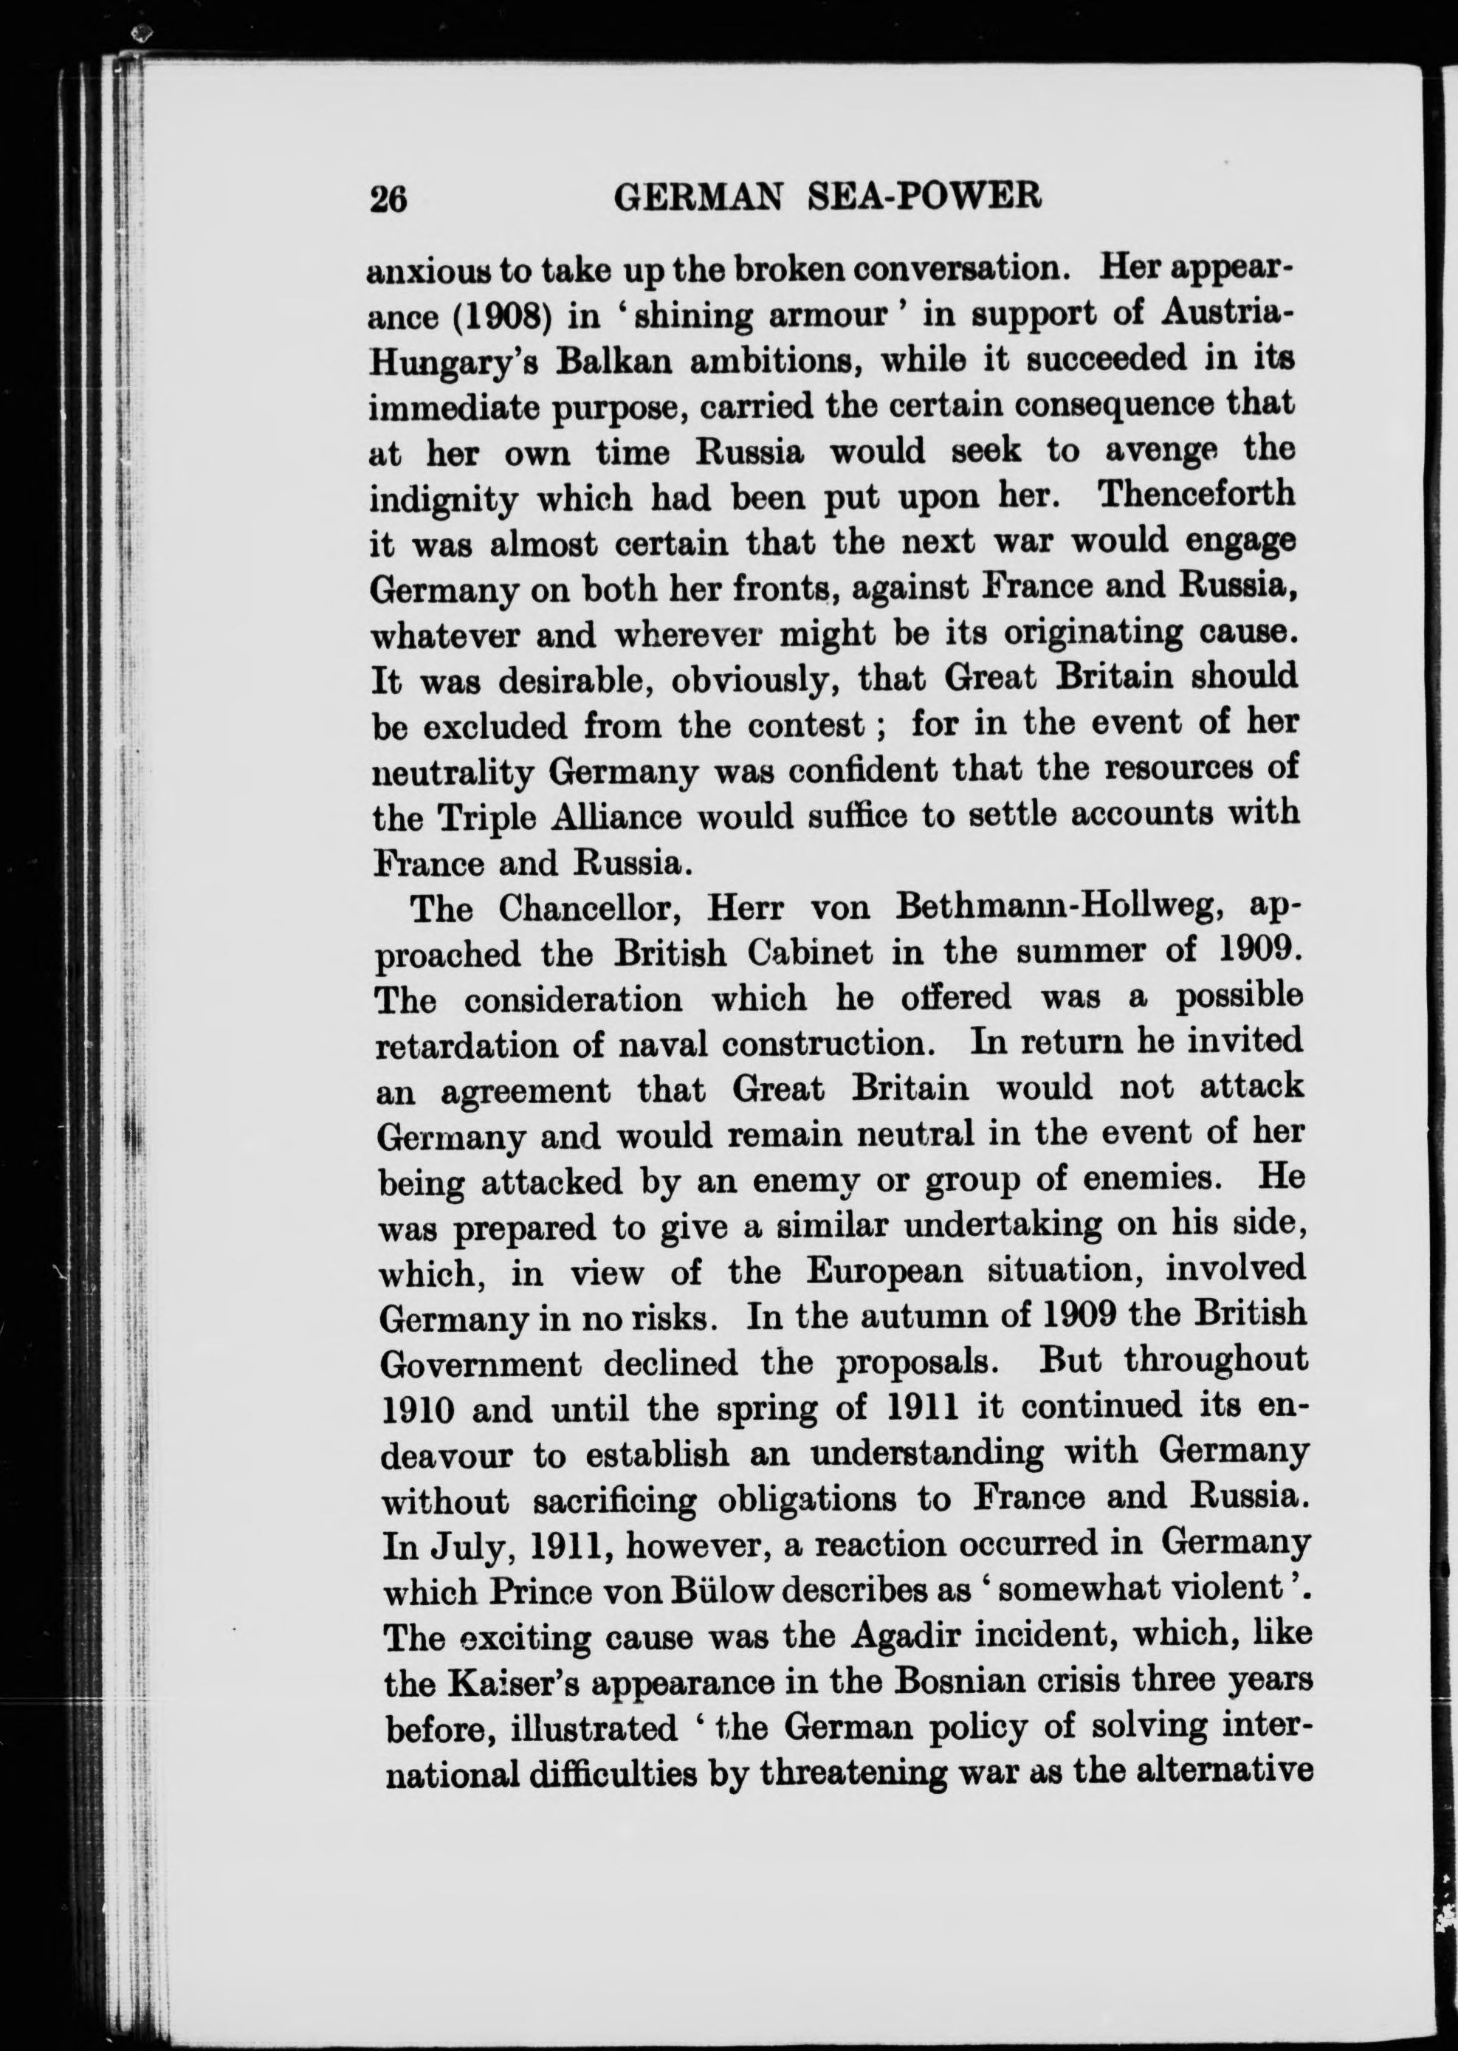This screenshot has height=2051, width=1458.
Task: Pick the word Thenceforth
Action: pos(1197,495)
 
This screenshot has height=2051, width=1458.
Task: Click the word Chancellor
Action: pos(594,909)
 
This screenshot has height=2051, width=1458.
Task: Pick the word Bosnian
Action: pos(924,1681)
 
